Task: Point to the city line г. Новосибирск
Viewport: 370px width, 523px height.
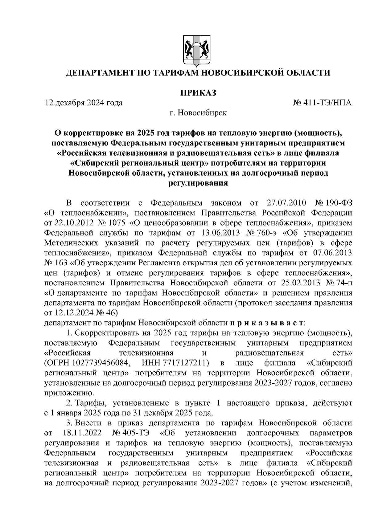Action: pyautogui.click(x=198, y=113)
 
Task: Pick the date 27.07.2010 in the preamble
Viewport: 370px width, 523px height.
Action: pyautogui.click(x=285, y=203)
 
